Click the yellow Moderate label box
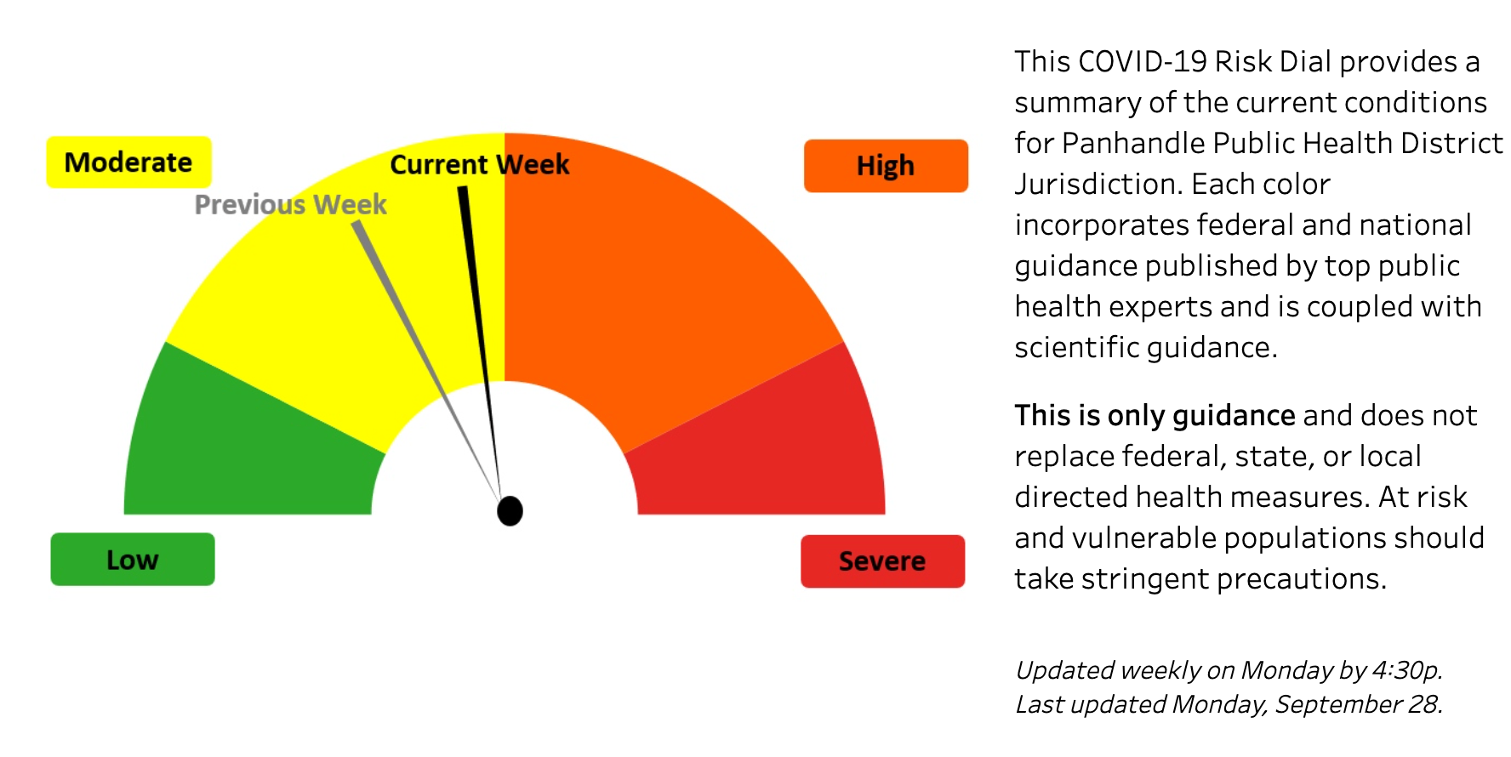click(x=128, y=162)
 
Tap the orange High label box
click(x=885, y=166)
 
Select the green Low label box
click(x=132, y=559)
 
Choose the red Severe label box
click(x=882, y=561)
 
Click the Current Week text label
click(x=479, y=164)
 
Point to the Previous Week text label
click(x=290, y=204)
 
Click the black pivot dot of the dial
click(x=510, y=510)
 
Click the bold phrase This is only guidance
click(x=1154, y=415)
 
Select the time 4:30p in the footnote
click(x=1406, y=670)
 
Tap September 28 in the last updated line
click(x=1357, y=704)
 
